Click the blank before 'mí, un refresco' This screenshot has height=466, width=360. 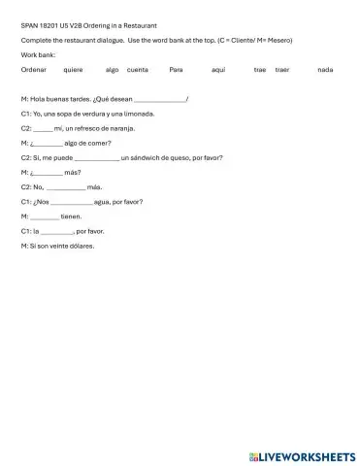(x=44, y=128)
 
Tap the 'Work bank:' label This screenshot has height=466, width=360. (x=37, y=54)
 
